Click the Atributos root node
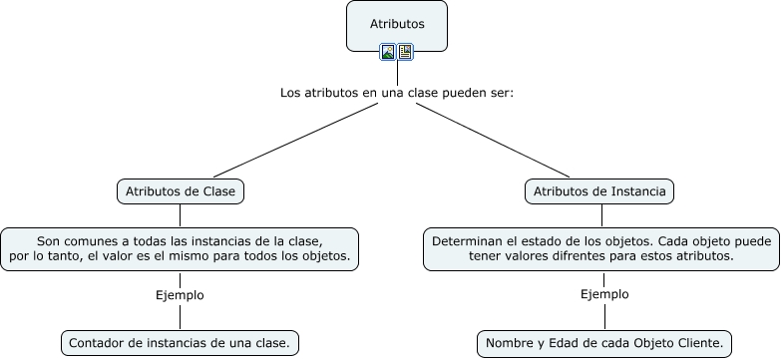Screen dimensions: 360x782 (396, 23)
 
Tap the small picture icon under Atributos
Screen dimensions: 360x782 (388, 52)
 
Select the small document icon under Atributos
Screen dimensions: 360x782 (405, 52)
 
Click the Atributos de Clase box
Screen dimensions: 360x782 (180, 191)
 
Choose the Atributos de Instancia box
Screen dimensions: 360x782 (599, 191)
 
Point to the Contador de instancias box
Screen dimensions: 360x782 (180, 343)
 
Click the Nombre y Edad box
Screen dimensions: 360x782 (604, 343)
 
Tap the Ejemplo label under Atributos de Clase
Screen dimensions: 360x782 (180, 295)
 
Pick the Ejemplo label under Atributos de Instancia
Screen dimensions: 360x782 (604, 294)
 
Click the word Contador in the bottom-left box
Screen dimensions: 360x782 (96, 343)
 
